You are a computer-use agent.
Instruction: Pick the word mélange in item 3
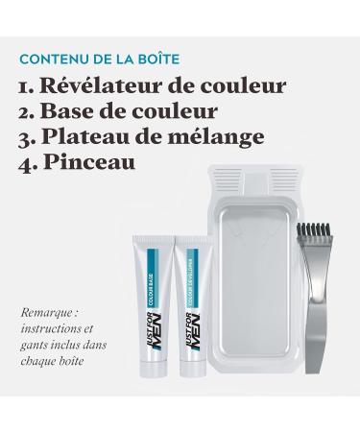tap(225, 137)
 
